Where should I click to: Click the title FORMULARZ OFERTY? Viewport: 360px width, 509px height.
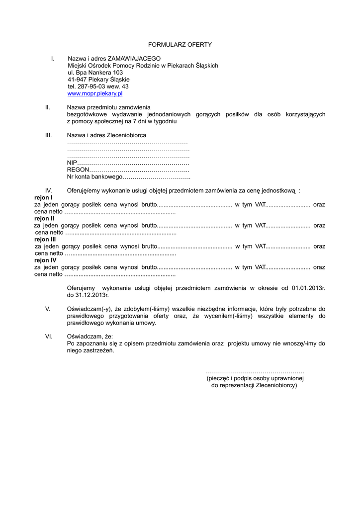click(180, 45)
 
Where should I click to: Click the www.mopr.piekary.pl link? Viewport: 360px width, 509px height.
click(95, 93)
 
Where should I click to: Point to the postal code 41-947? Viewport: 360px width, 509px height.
click(77, 80)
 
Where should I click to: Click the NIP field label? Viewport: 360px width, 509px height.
click(72, 163)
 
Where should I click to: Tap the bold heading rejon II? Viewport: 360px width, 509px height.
click(44, 219)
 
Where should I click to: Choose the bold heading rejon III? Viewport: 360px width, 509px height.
click(45, 240)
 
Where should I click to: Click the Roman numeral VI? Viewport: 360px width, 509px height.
click(49, 337)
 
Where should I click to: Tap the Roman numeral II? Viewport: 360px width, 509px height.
click(48, 107)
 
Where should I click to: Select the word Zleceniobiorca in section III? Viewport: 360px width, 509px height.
click(127, 135)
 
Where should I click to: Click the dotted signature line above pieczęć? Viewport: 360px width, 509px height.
click(255, 372)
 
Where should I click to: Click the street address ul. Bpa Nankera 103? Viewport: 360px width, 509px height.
click(95, 73)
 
